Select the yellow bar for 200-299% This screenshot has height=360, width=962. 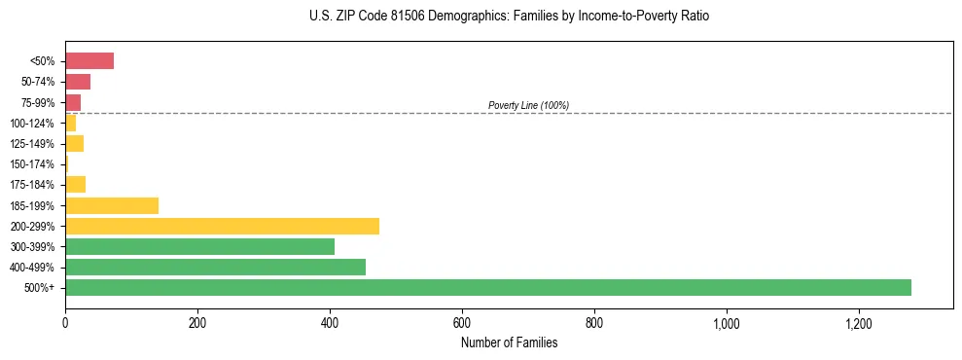[222, 226]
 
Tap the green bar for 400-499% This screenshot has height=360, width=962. [215, 267]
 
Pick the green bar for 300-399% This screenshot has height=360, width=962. [199, 246]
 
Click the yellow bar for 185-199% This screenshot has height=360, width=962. [112, 205]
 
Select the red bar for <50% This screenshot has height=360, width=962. [89, 60]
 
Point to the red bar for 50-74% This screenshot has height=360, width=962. [78, 82]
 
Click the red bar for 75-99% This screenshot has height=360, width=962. [73, 102]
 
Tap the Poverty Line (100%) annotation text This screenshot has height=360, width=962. [528, 105]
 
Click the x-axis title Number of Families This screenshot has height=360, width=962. [509, 342]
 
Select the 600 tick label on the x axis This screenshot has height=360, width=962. [462, 322]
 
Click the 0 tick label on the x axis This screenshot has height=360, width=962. [65, 322]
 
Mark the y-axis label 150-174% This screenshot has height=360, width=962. [32, 164]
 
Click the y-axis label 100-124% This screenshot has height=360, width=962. [32, 124]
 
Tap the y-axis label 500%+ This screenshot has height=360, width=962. [41, 288]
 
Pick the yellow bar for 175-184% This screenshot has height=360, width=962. [75, 185]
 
